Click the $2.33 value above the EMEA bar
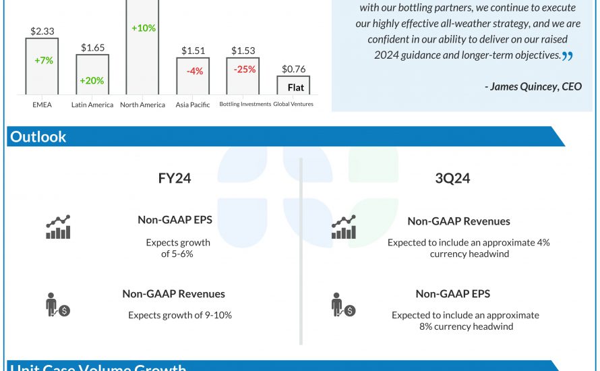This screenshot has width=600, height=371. pos(42,31)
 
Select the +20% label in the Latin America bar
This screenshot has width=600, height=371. pos(92,81)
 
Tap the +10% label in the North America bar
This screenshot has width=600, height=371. pos(143,28)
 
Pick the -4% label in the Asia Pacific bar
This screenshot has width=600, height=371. pos(193,71)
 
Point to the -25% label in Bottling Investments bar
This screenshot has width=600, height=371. pos(244,69)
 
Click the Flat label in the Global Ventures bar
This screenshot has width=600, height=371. pos(296,88)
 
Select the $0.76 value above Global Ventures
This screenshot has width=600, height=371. pos(293,68)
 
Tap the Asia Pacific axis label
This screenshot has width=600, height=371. pos(193,105)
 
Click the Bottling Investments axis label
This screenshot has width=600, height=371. pos(245,104)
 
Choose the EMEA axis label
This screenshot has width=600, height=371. pos(42,105)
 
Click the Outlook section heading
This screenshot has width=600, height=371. pos(38,136)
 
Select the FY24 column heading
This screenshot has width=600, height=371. pos(174,179)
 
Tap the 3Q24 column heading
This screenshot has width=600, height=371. pos(453,179)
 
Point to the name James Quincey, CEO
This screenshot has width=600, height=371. pos(533,86)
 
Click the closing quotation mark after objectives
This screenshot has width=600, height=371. pos(568,56)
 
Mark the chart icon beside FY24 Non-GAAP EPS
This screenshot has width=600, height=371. pos(58,227)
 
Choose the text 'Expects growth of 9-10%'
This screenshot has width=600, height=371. pos(180,315)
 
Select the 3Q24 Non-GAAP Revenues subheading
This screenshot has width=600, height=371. pos(458,221)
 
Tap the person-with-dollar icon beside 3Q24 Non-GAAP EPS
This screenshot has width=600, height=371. pos(343,305)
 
